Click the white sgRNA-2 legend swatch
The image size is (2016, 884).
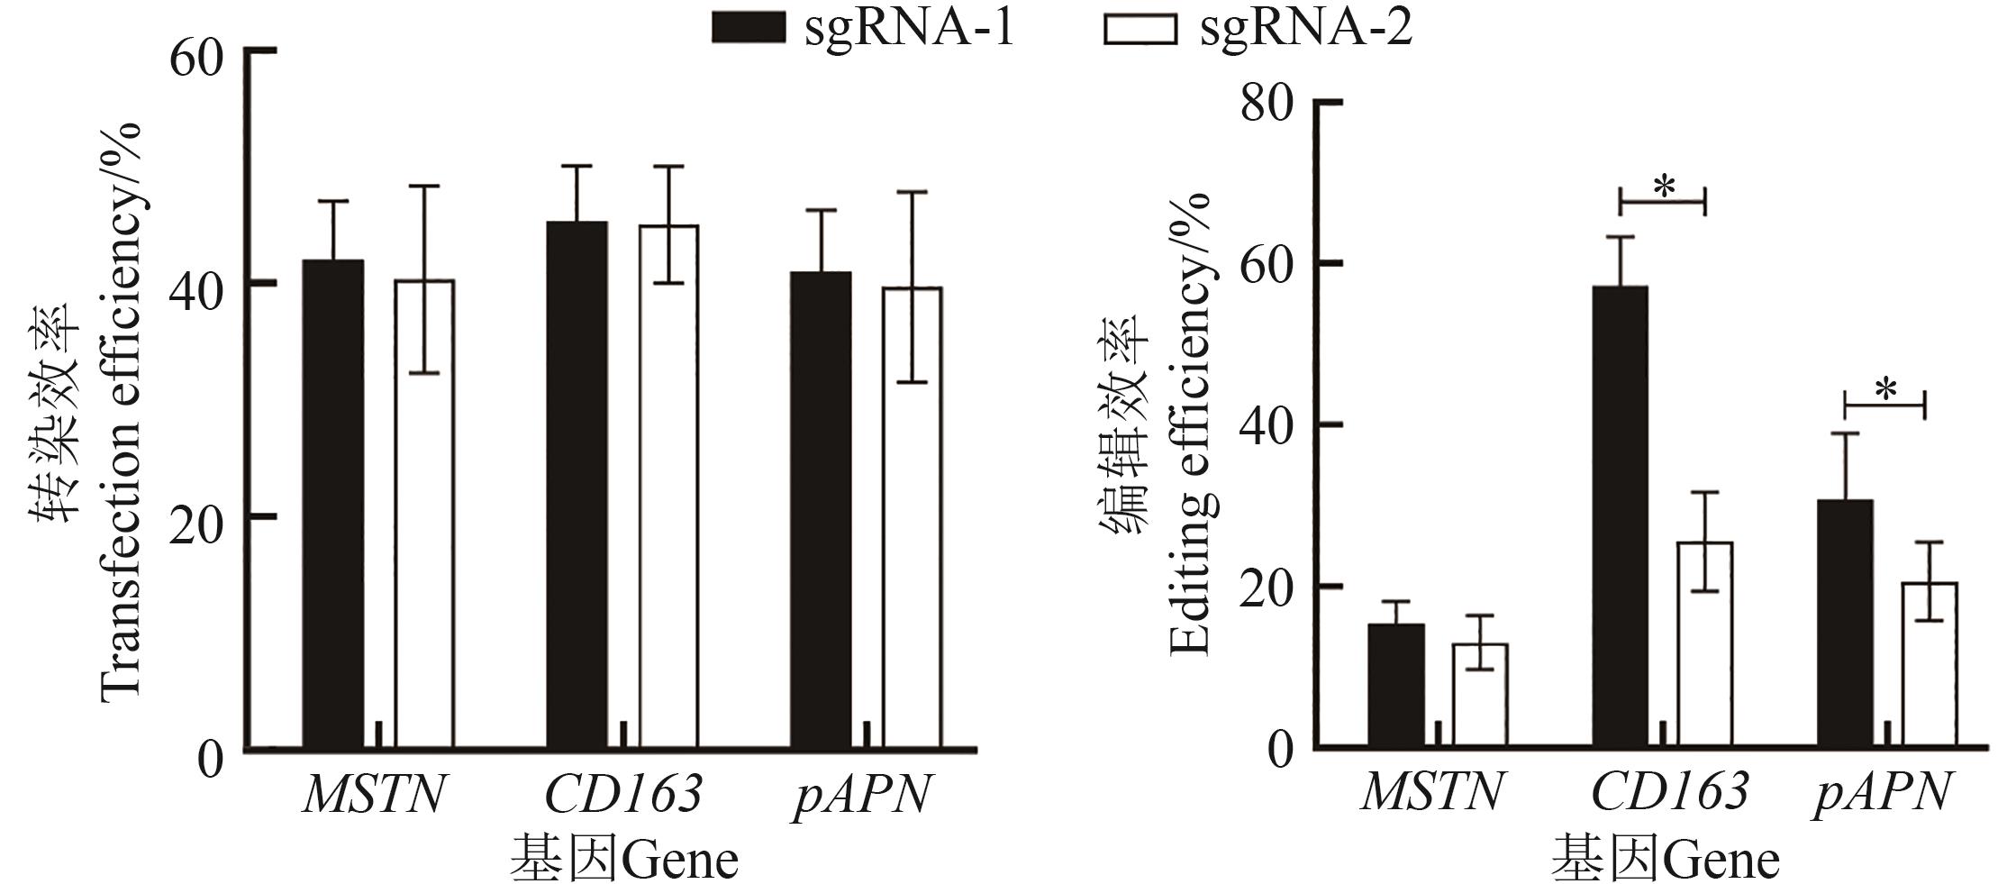click(1140, 28)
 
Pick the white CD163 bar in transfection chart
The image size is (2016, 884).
click(668, 487)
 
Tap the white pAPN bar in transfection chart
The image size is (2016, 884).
click(912, 517)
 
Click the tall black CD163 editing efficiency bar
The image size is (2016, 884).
click(1620, 516)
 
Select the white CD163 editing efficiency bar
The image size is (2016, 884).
click(1704, 644)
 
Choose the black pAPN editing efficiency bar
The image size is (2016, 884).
click(1845, 623)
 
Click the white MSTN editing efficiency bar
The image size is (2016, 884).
click(1479, 695)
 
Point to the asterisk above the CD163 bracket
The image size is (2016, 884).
click(1664, 187)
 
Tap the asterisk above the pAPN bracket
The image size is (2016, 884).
click(1885, 390)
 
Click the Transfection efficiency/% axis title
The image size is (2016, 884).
click(121, 410)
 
